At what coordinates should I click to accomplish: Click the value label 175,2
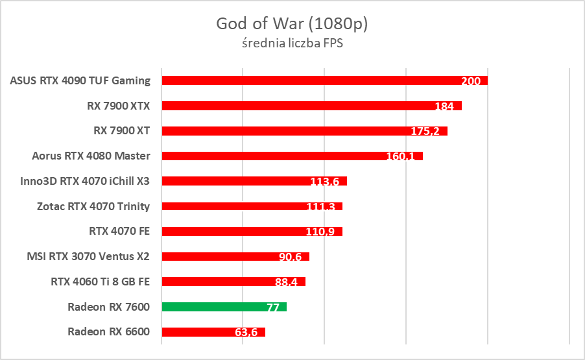(425, 132)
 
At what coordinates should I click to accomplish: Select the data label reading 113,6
(325, 182)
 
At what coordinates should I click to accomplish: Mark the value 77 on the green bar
(273, 307)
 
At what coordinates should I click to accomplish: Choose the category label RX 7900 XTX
(119, 105)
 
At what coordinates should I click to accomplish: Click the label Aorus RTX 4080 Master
(91, 156)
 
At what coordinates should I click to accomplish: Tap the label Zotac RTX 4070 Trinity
(93, 206)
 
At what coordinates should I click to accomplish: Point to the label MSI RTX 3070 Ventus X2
(88, 256)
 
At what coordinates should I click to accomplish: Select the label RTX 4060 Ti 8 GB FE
(101, 282)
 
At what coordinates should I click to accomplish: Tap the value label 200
(471, 81)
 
